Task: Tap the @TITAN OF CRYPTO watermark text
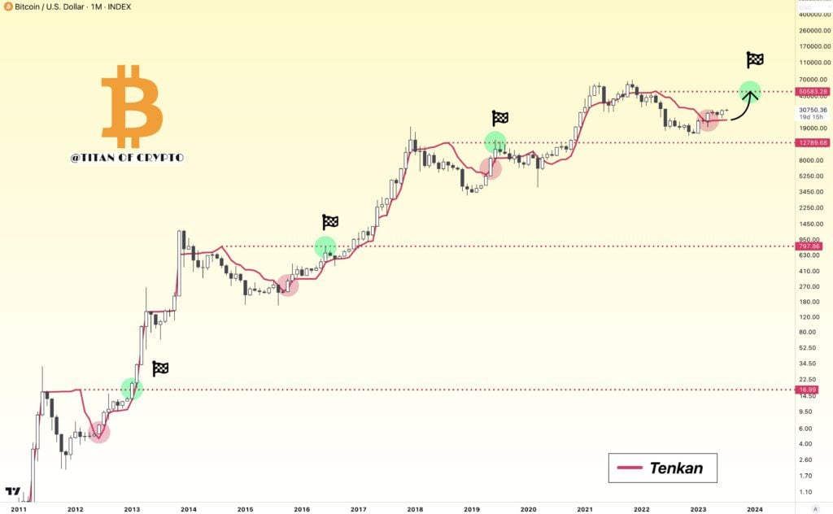coord(127,157)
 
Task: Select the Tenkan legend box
coord(662,468)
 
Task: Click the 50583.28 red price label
coord(813,92)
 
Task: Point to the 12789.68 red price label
coord(813,142)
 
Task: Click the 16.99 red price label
coord(808,390)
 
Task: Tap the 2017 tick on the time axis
coord(358,509)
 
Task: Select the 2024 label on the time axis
coord(754,509)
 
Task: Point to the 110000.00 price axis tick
coord(813,63)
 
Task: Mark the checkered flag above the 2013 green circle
coord(160,368)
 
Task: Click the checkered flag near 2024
coord(755,59)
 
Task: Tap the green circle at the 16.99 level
coord(132,389)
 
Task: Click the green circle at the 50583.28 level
coord(750,92)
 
